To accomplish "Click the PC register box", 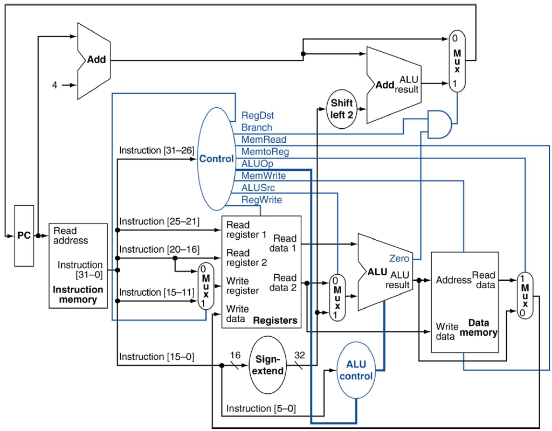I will click(x=24, y=235).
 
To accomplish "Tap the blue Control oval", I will click(x=216, y=159).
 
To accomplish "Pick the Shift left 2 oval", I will click(x=342, y=109).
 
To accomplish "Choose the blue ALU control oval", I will click(x=356, y=371).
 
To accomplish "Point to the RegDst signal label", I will click(x=258, y=115).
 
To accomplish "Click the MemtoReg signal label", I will click(x=265, y=152).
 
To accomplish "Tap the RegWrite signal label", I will click(x=261, y=200).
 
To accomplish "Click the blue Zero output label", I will click(x=399, y=258).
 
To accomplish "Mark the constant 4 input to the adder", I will click(x=54, y=85).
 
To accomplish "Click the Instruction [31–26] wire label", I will click(x=156, y=150).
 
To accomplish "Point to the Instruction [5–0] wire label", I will click(x=261, y=408).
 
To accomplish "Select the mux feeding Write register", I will click(x=205, y=286).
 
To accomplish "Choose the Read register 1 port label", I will click(x=246, y=230).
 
